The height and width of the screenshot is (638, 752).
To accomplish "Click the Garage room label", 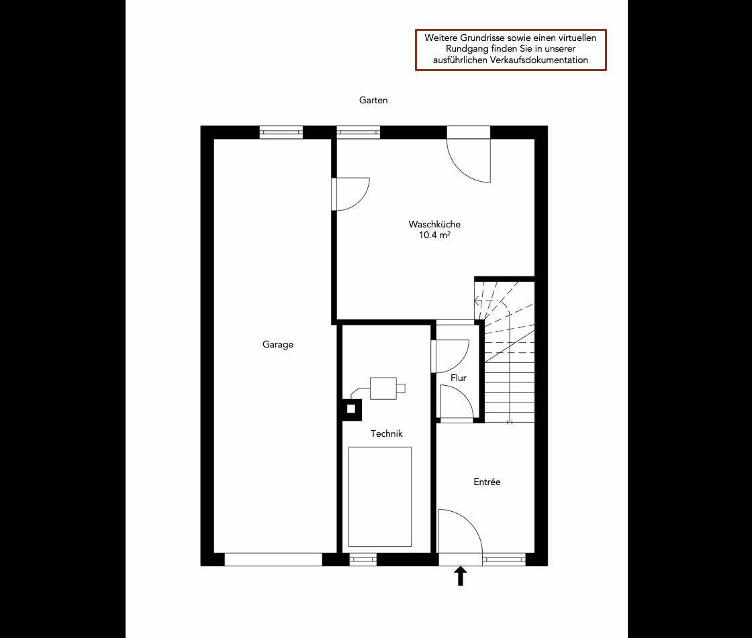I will tap(277, 345).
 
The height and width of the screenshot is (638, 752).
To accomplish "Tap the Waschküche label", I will tap(434, 224).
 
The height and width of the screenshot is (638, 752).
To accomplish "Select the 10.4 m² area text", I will tap(434, 235).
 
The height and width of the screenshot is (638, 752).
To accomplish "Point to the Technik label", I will tap(387, 434).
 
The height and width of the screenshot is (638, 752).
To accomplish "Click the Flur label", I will tap(459, 378).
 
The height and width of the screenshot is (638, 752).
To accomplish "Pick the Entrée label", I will tap(487, 482).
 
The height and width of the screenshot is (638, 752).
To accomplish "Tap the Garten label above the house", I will tap(373, 100).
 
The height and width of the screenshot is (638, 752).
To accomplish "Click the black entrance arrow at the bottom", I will tap(461, 576).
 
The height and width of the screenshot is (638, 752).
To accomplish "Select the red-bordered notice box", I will tap(511, 50).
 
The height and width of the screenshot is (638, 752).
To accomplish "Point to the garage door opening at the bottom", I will tap(273, 560).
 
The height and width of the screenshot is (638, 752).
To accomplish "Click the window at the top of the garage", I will tap(281, 132).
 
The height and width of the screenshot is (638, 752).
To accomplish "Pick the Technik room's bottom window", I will tap(363, 560).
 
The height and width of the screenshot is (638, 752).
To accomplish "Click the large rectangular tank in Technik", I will tap(380, 496).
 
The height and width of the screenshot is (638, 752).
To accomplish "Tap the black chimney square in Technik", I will tap(350, 408).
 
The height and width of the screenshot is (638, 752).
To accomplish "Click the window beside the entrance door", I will tap(504, 560).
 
